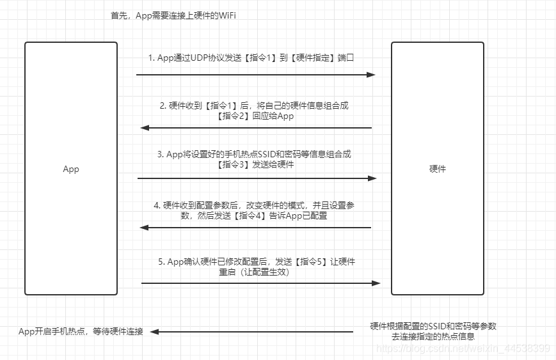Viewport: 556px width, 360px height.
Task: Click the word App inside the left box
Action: click(70, 169)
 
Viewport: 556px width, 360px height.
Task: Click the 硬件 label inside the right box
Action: click(438, 169)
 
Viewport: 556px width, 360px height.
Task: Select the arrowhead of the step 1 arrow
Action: click(370, 75)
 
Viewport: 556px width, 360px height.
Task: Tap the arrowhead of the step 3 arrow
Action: click(373, 178)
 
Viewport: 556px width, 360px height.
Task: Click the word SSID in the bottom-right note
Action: click(438, 326)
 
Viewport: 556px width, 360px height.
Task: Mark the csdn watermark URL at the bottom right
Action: click(463, 348)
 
